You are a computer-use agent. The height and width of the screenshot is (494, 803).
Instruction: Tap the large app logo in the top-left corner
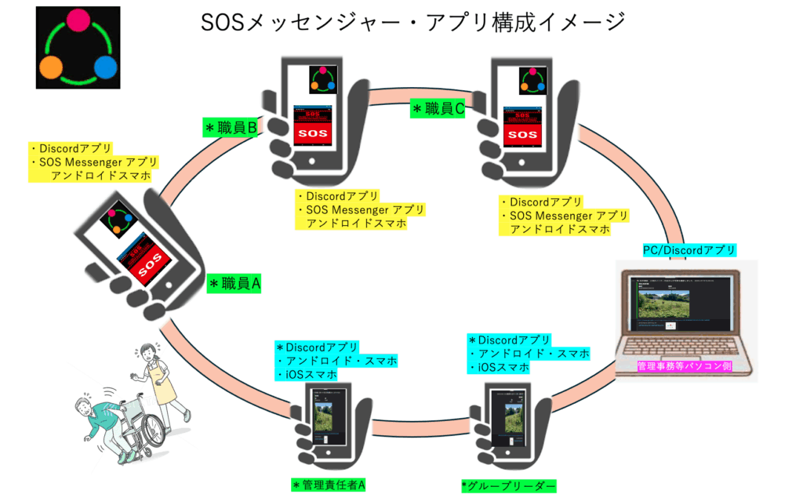click(x=78, y=48)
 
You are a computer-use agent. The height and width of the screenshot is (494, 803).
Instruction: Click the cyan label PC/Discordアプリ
click(x=689, y=250)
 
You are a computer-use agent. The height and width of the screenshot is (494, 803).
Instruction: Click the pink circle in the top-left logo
click(x=78, y=20)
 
